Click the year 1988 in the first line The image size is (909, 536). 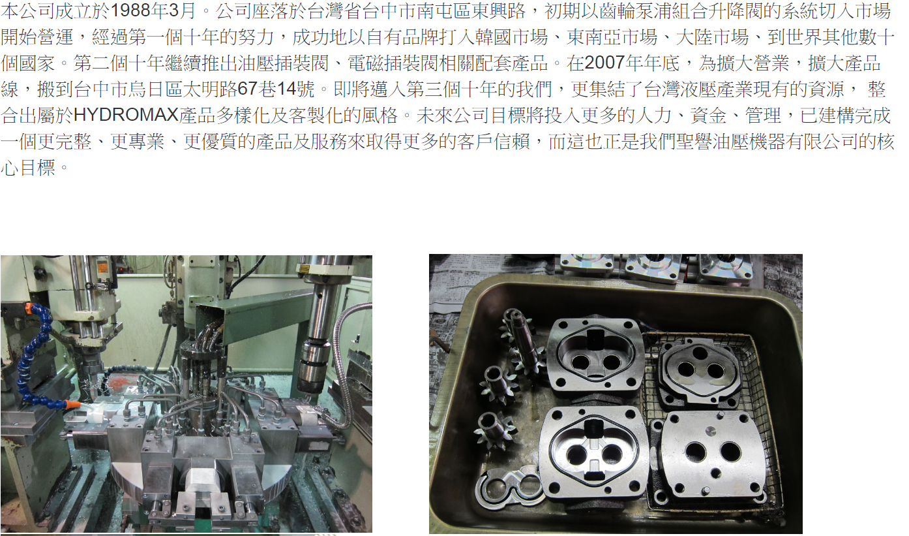click(130, 11)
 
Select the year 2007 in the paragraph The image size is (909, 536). click(604, 63)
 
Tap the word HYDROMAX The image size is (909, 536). click(127, 115)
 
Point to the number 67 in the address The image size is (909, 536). click(247, 89)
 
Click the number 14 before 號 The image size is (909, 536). click(286, 89)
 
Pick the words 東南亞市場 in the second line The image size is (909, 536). click(612, 37)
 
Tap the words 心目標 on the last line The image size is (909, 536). click(28, 167)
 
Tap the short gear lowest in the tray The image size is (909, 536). click(496, 432)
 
